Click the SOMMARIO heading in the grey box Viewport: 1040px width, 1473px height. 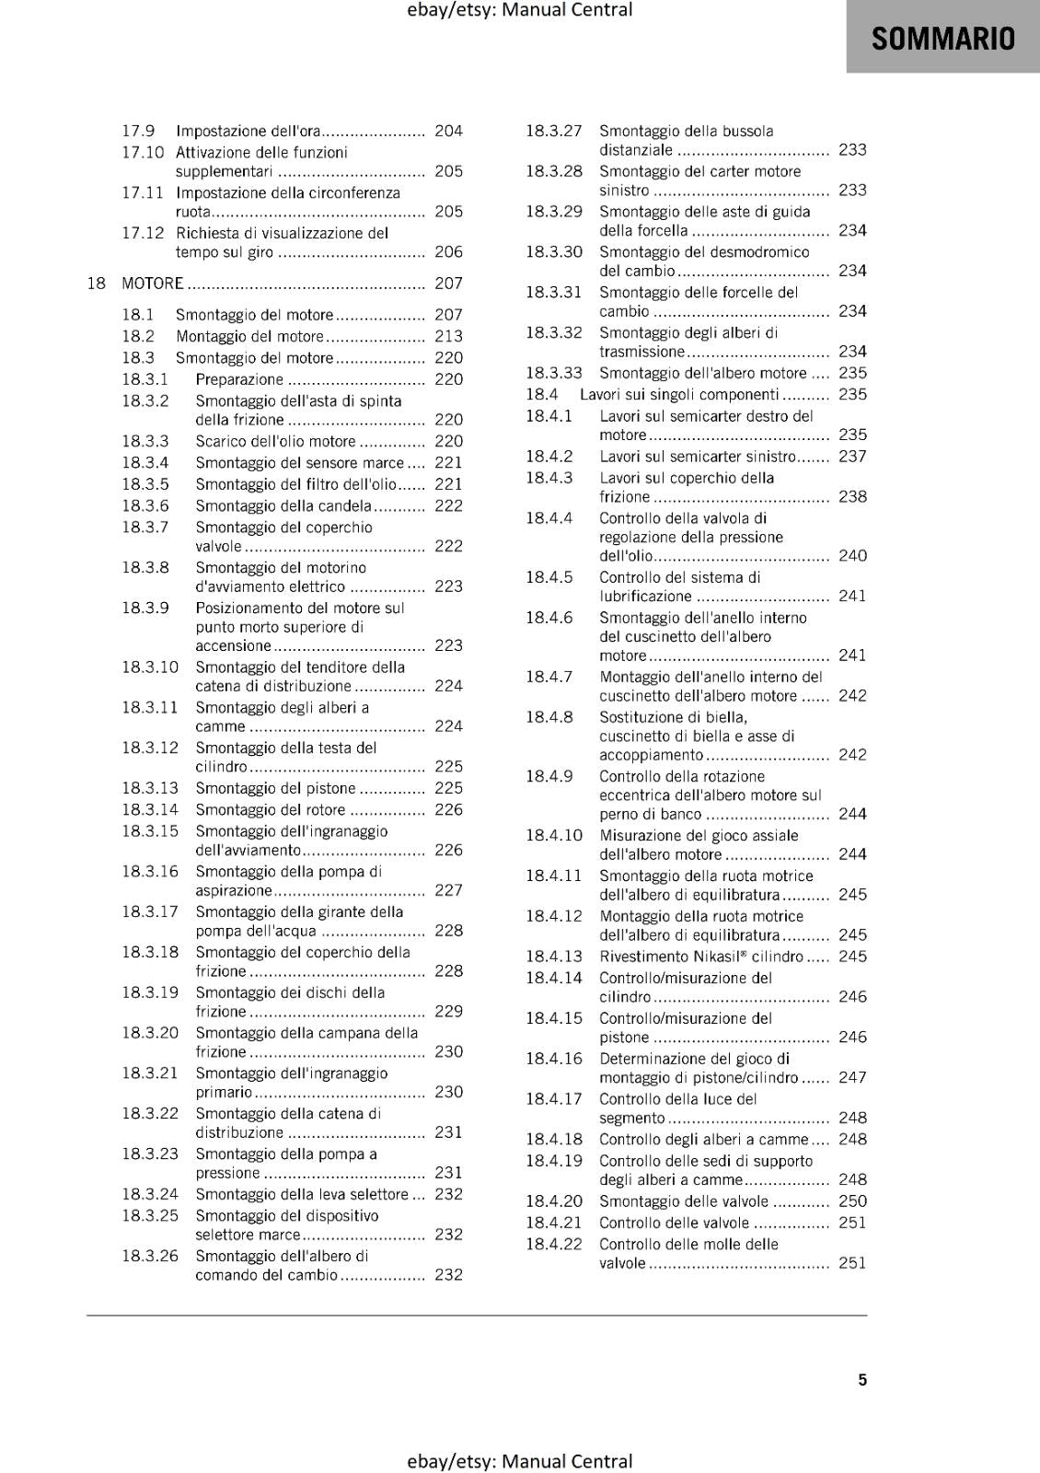[x=942, y=38]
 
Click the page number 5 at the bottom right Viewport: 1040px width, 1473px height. [x=862, y=1379]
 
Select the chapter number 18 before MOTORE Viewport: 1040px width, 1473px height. [x=97, y=284]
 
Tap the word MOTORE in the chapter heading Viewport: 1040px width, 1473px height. [x=153, y=284]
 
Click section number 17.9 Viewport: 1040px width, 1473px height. [x=138, y=131]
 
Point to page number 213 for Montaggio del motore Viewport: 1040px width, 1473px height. [x=448, y=336]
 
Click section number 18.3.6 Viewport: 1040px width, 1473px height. [x=145, y=505]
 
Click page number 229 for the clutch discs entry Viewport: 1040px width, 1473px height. [x=448, y=1011]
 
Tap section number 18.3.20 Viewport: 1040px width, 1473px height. [x=150, y=1032]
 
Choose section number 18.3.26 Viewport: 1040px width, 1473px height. [x=150, y=1256]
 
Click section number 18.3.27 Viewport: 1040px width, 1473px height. [x=554, y=131]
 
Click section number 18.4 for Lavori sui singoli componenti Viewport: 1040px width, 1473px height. [x=542, y=394]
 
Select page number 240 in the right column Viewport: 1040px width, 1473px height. [x=852, y=555]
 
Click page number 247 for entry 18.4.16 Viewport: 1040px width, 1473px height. [x=852, y=1077]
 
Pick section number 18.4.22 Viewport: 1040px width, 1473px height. [x=554, y=1244]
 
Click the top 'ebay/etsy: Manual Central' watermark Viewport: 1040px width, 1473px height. [x=520, y=10]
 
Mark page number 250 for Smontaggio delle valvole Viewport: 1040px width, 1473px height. [x=852, y=1200]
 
